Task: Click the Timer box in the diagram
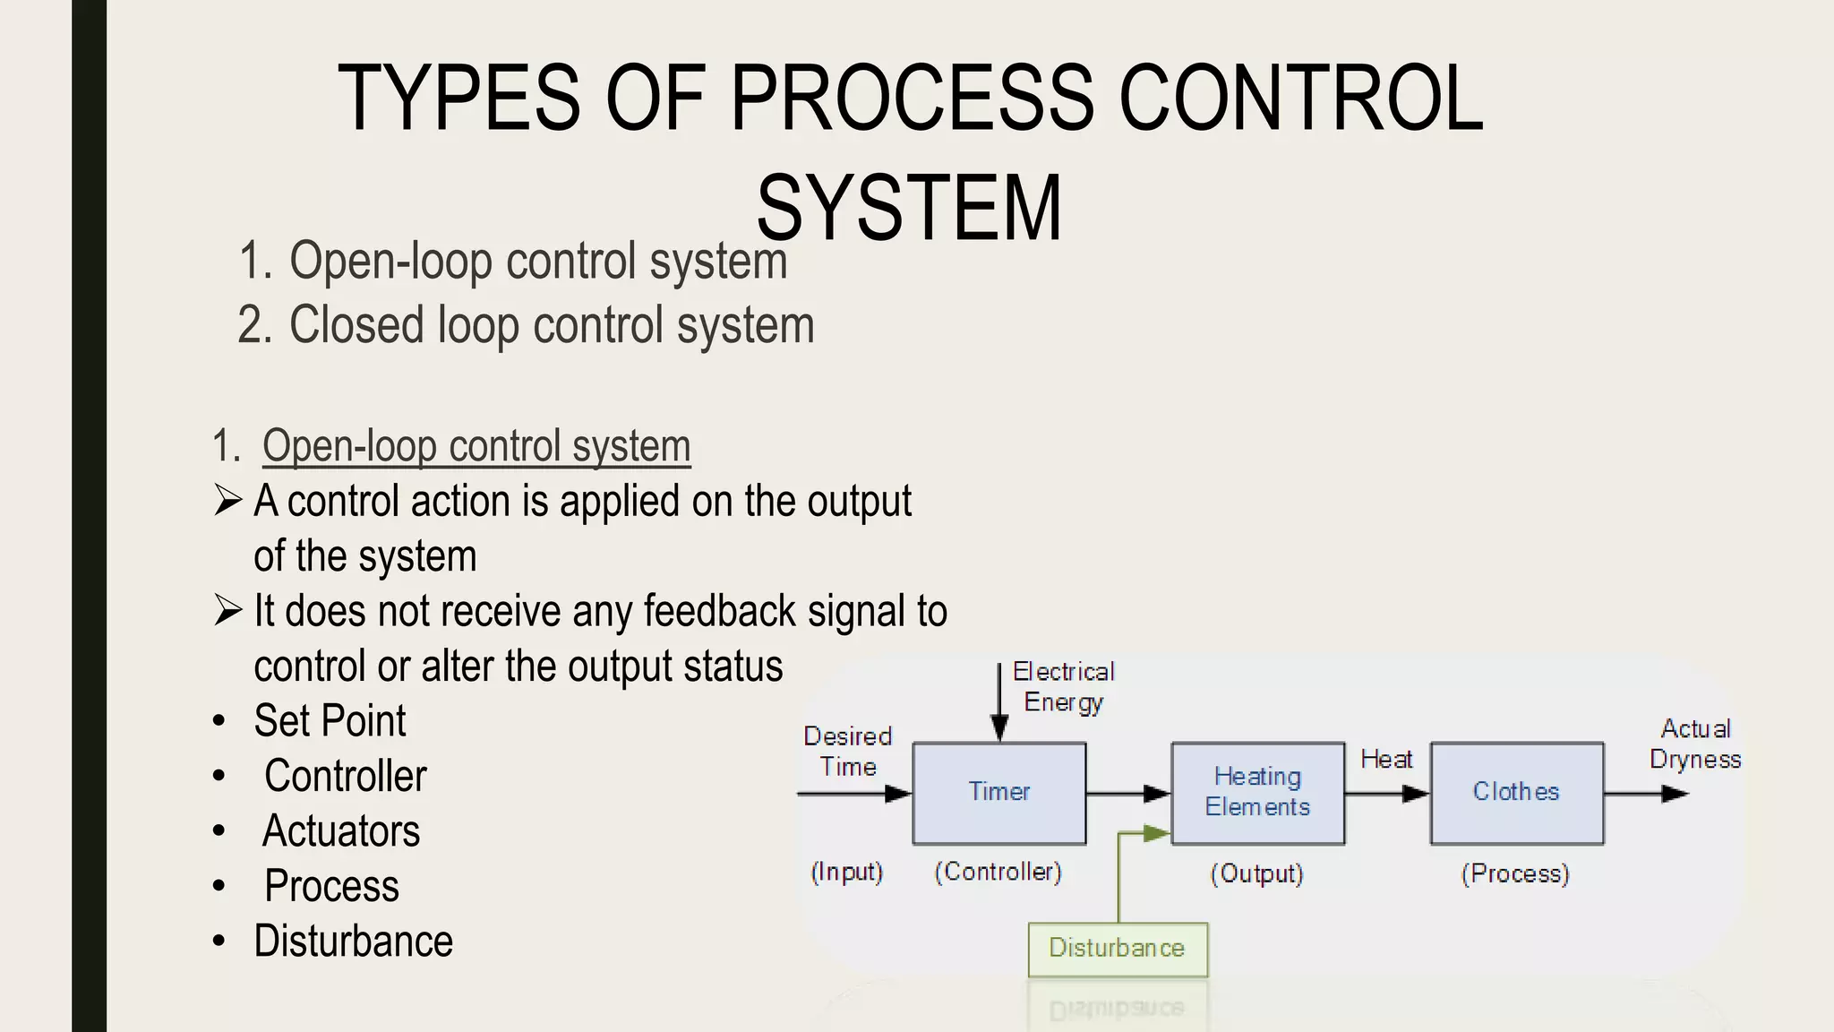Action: click(x=999, y=793)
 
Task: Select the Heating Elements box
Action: click(x=1257, y=793)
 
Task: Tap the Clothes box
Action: click(x=1516, y=793)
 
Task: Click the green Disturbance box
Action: click(x=1118, y=949)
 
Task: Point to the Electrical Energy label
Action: click(x=1063, y=687)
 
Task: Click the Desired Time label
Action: click(x=847, y=752)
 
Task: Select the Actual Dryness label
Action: click(x=1695, y=744)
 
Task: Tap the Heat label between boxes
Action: click(x=1386, y=760)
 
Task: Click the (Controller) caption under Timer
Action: click(x=998, y=872)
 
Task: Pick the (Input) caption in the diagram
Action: click(x=846, y=872)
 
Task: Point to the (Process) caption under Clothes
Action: click(x=1515, y=873)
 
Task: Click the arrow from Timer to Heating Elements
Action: click(x=1128, y=794)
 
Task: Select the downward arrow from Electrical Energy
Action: click(x=999, y=703)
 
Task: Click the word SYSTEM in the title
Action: click(x=909, y=209)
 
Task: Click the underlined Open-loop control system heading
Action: click(x=476, y=446)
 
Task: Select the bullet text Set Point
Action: click(x=330, y=721)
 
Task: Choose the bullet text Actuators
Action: click(x=341, y=831)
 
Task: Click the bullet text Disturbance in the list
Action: click(x=353, y=942)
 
